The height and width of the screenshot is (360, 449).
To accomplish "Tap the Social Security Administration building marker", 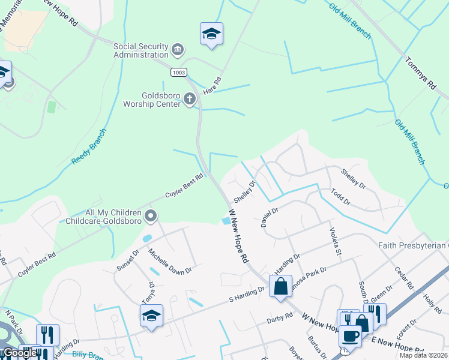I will tap(177, 48).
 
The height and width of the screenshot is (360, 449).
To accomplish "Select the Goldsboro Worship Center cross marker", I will tap(190, 98).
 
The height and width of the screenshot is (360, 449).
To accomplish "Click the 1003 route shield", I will tap(178, 72).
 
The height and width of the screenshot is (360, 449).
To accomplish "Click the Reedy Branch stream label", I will tap(89, 148).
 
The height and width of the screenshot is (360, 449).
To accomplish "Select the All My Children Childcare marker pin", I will tap(151, 215).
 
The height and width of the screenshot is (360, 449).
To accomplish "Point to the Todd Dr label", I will tap(340, 196).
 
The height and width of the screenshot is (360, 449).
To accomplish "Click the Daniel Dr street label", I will tap(270, 217).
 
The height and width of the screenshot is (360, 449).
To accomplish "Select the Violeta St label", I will tap(334, 240).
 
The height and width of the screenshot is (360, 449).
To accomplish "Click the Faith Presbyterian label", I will tap(413, 245).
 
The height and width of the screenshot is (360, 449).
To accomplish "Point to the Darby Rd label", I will tap(280, 317).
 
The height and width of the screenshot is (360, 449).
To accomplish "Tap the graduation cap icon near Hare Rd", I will tap(211, 34).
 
